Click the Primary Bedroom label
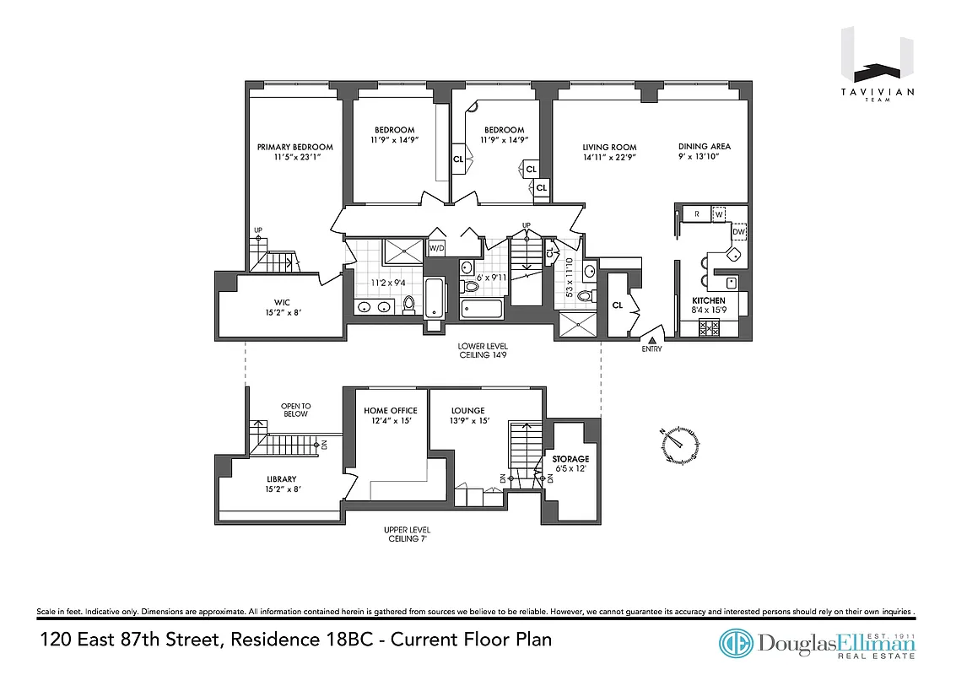click(294, 147)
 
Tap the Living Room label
click(609, 147)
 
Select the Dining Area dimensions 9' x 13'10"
click(704, 157)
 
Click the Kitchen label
click(708, 301)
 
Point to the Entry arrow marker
click(651, 339)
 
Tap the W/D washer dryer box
click(437, 248)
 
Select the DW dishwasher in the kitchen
click(738, 231)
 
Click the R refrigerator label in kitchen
click(697, 214)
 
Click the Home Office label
click(391, 411)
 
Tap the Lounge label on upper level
click(467, 411)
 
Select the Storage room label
click(570, 459)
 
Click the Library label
click(282, 479)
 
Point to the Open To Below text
click(295, 409)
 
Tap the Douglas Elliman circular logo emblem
click(736, 644)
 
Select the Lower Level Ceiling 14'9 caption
click(483, 351)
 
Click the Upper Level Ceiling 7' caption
click(407, 535)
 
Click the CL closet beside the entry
click(618, 305)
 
